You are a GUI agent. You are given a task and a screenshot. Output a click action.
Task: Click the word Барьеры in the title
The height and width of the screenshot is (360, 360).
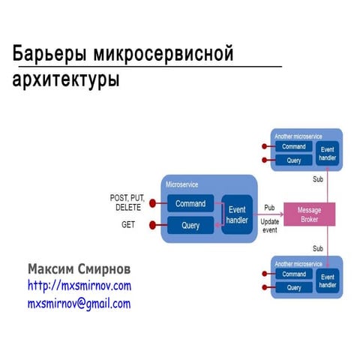click(x=50, y=55)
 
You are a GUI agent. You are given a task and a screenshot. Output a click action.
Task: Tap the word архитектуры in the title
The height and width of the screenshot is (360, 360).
click(x=66, y=79)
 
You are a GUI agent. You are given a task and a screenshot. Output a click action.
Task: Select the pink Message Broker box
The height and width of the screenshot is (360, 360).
click(x=308, y=214)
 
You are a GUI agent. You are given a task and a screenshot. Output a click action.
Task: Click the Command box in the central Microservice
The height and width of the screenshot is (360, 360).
click(x=190, y=203)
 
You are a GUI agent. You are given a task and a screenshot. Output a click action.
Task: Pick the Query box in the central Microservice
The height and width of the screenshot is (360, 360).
click(x=190, y=225)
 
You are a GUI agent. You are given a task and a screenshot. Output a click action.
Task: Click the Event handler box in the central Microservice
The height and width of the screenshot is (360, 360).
click(x=237, y=214)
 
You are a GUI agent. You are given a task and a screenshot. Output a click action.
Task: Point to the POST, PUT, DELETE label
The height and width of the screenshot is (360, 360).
click(x=128, y=202)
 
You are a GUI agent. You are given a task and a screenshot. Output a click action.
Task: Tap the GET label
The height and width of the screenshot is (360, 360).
click(x=128, y=224)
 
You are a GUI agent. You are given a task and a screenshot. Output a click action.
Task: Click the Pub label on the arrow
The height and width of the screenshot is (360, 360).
click(x=269, y=207)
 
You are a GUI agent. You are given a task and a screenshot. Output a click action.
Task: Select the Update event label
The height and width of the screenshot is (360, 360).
click(x=269, y=226)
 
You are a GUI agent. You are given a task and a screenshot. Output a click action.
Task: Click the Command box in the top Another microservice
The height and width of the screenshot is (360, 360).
click(x=293, y=147)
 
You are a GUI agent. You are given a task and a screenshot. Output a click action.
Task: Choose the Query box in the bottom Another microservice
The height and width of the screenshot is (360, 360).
click(x=293, y=287)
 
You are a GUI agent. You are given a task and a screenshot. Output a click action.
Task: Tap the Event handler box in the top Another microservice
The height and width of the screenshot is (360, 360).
click(x=327, y=153)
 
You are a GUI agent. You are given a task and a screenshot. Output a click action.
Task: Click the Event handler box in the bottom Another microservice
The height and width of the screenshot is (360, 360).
click(x=327, y=280)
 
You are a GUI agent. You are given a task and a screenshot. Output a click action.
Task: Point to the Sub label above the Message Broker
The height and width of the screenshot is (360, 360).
click(x=317, y=179)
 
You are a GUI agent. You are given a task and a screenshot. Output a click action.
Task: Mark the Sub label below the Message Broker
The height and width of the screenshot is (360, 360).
click(x=317, y=248)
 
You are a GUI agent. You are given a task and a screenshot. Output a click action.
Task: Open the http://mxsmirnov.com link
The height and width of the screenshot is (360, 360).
click(x=79, y=286)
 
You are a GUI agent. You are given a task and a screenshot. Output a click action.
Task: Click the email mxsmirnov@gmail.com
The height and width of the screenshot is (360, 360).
click(x=79, y=304)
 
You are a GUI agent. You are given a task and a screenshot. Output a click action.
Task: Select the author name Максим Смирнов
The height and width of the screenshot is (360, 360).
click(x=79, y=268)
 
